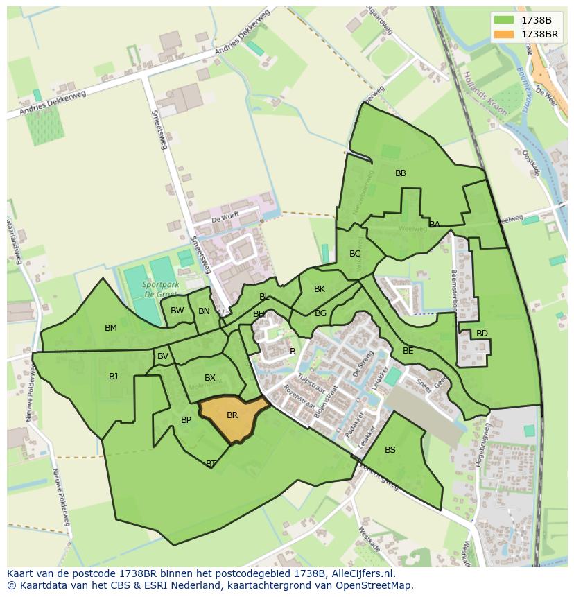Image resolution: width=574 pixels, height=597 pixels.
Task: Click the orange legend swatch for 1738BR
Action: coord(505,34)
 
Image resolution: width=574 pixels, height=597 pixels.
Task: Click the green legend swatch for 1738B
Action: coord(505,20)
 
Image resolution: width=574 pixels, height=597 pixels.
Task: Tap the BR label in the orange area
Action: coord(232,415)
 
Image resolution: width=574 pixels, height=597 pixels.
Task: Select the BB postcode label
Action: coord(401,173)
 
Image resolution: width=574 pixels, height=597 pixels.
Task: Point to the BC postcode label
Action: coord(355,254)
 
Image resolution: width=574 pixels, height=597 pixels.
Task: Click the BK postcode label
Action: coord(320,289)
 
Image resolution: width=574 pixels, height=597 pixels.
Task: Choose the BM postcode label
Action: coord(111,328)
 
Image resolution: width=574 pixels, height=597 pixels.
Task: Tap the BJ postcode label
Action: coord(114,377)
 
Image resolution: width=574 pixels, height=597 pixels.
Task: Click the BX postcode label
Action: coord(210,378)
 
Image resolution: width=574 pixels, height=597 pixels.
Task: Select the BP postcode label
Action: coord(186,420)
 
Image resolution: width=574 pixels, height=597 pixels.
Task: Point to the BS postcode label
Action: coord(390,450)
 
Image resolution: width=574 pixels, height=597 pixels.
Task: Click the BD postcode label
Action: coord(482,334)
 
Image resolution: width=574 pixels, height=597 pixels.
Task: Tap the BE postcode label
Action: coord(408,351)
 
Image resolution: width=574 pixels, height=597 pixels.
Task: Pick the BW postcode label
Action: coord(177,311)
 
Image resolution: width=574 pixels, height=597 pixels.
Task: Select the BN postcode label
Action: coord(204,311)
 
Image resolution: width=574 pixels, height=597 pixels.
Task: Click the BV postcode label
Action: coord(163,356)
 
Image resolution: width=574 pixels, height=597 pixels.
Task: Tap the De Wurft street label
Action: coord(225,218)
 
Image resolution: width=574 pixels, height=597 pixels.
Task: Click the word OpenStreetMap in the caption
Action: coord(373,585)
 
